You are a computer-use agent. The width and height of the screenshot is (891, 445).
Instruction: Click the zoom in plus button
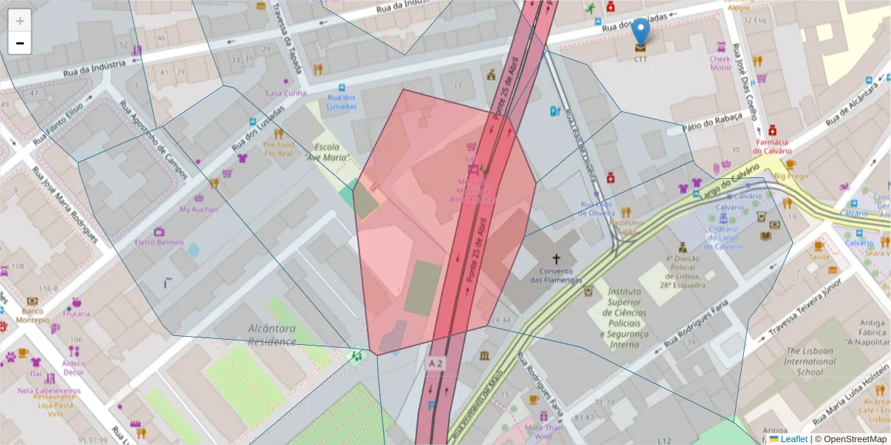point(20,21)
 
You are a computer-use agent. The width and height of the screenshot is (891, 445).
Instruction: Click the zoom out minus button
point(20,43)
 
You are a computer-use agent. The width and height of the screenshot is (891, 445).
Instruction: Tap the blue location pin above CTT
point(640,31)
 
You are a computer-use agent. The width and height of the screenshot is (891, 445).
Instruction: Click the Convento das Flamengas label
point(556,275)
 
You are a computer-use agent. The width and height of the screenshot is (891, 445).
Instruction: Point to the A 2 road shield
point(436,363)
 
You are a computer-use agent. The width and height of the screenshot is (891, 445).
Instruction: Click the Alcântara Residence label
point(272,334)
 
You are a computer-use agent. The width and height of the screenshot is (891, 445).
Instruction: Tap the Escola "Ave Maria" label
point(330,152)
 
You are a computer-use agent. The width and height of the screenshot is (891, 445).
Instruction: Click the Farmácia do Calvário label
point(771,146)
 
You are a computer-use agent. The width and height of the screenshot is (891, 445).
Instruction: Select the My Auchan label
point(199,209)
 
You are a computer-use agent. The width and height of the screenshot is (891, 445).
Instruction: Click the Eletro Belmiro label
point(159,243)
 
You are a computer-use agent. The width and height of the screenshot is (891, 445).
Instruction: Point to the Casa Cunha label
point(286,93)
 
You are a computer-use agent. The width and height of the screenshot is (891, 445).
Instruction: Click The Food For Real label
point(278,149)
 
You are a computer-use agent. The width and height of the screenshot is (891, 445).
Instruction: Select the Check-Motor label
point(720,63)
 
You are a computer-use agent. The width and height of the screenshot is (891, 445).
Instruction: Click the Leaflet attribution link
point(793,439)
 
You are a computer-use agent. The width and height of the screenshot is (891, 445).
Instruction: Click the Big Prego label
point(791,177)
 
